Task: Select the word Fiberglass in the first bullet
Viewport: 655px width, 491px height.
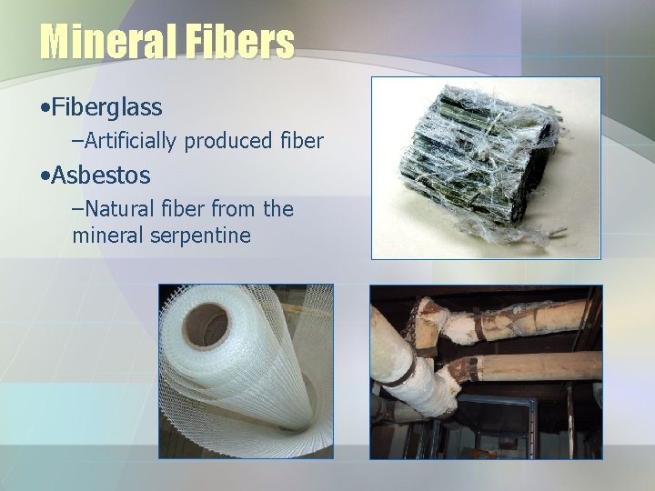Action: coord(107,107)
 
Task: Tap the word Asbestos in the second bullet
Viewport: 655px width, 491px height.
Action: coord(101,174)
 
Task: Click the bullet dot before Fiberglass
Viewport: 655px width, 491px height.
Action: coord(45,108)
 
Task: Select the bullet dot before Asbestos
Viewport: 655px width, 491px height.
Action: coord(45,175)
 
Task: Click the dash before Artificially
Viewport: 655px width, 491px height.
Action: coord(76,141)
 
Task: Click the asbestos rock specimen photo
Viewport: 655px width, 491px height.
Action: coord(486,168)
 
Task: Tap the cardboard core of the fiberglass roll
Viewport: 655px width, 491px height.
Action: coord(206,325)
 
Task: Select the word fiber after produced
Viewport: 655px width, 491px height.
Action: coord(300,141)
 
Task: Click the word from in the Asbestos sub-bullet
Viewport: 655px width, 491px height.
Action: coord(235,209)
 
